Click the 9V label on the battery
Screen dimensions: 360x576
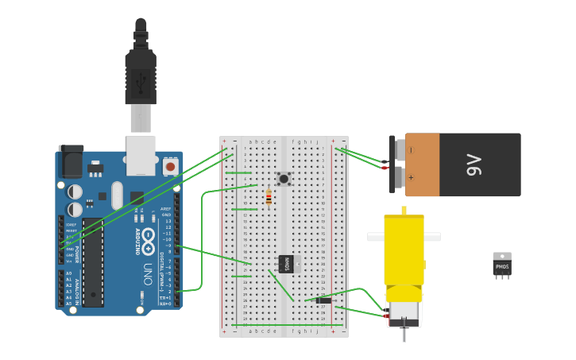pos(474,165)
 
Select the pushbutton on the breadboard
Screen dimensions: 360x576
pos(283,179)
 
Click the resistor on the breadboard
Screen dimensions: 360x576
pos(269,197)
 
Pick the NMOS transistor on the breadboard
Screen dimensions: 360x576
pos(286,264)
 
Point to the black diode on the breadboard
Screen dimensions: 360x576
pos(323,300)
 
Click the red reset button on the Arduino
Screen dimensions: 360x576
pos(170,167)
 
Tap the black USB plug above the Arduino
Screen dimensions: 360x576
pos(141,75)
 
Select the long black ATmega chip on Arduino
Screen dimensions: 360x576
pos(93,262)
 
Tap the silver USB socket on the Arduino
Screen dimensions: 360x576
pos(141,155)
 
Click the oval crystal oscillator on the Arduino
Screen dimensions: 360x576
pos(118,195)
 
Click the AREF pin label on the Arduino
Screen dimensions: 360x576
pos(166,209)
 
